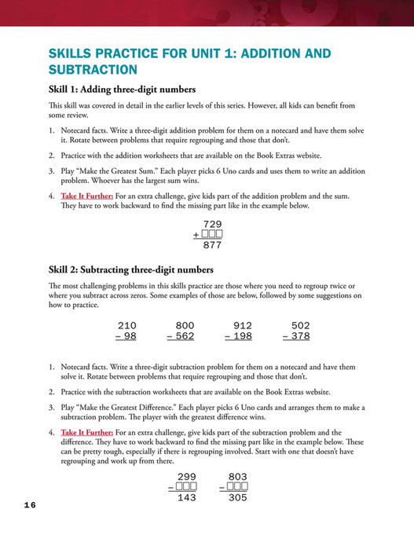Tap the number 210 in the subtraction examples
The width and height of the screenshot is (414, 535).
(126, 325)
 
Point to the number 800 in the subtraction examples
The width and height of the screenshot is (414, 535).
(185, 325)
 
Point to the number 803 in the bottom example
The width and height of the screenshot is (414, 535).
(237, 476)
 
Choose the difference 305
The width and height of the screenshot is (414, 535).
(237, 497)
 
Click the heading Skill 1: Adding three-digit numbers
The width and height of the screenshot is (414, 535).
(122, 89)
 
